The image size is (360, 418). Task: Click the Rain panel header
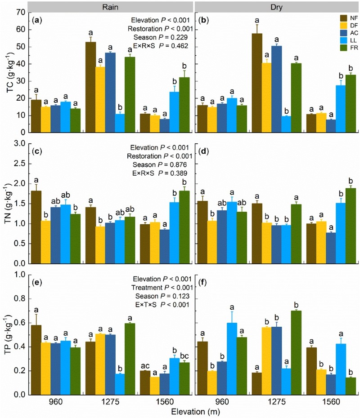click(110, 6)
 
